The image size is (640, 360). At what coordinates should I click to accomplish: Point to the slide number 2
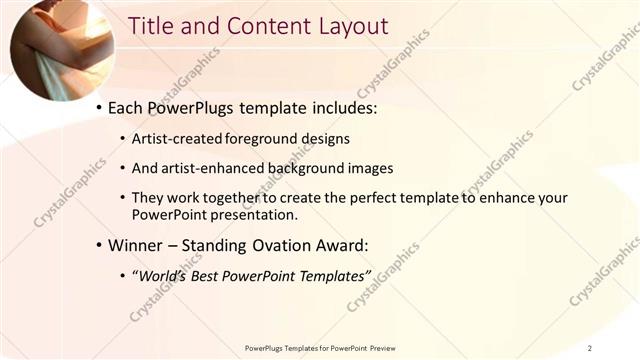pyautogui.click(x=590, y=347)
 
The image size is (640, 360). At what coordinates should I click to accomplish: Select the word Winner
pyautogui.click(x=136, y=244)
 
